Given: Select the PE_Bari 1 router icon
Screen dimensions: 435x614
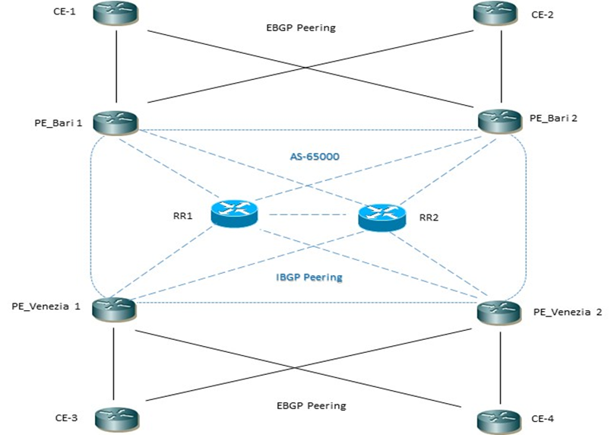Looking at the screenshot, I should tap(116, 122).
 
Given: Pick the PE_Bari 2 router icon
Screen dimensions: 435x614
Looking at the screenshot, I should tap(499, 120).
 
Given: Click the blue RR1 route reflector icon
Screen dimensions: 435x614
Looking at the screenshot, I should tap(235, 213).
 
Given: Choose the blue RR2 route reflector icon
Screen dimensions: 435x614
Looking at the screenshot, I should tap(381, 216).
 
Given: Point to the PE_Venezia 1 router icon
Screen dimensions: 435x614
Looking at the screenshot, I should tap(115, 308).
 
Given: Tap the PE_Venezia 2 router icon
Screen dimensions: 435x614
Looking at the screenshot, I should tap(499, 311).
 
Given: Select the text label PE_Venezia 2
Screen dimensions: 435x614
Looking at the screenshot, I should tap(566, 311).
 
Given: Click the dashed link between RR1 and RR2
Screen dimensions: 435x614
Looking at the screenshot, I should tap(308, 214).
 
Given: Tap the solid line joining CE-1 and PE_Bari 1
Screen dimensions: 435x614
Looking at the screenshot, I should tap(116, 68).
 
